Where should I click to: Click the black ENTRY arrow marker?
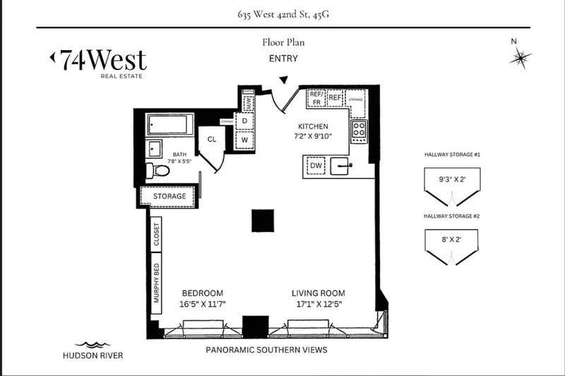click(284, 81)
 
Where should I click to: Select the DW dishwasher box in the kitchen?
click(316, 167)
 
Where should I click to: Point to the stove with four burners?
click(359, 130)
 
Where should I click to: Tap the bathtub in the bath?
click(169, 124)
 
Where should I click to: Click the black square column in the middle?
click(263, 221)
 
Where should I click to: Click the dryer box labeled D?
click(244, 122)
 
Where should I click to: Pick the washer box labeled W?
click(244, 140)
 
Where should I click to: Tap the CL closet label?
click(211, 139)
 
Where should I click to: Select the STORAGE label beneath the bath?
click(170, 196)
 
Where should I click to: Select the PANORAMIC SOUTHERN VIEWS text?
click(266, 350)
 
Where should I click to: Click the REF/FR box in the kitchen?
click(316, 98)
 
